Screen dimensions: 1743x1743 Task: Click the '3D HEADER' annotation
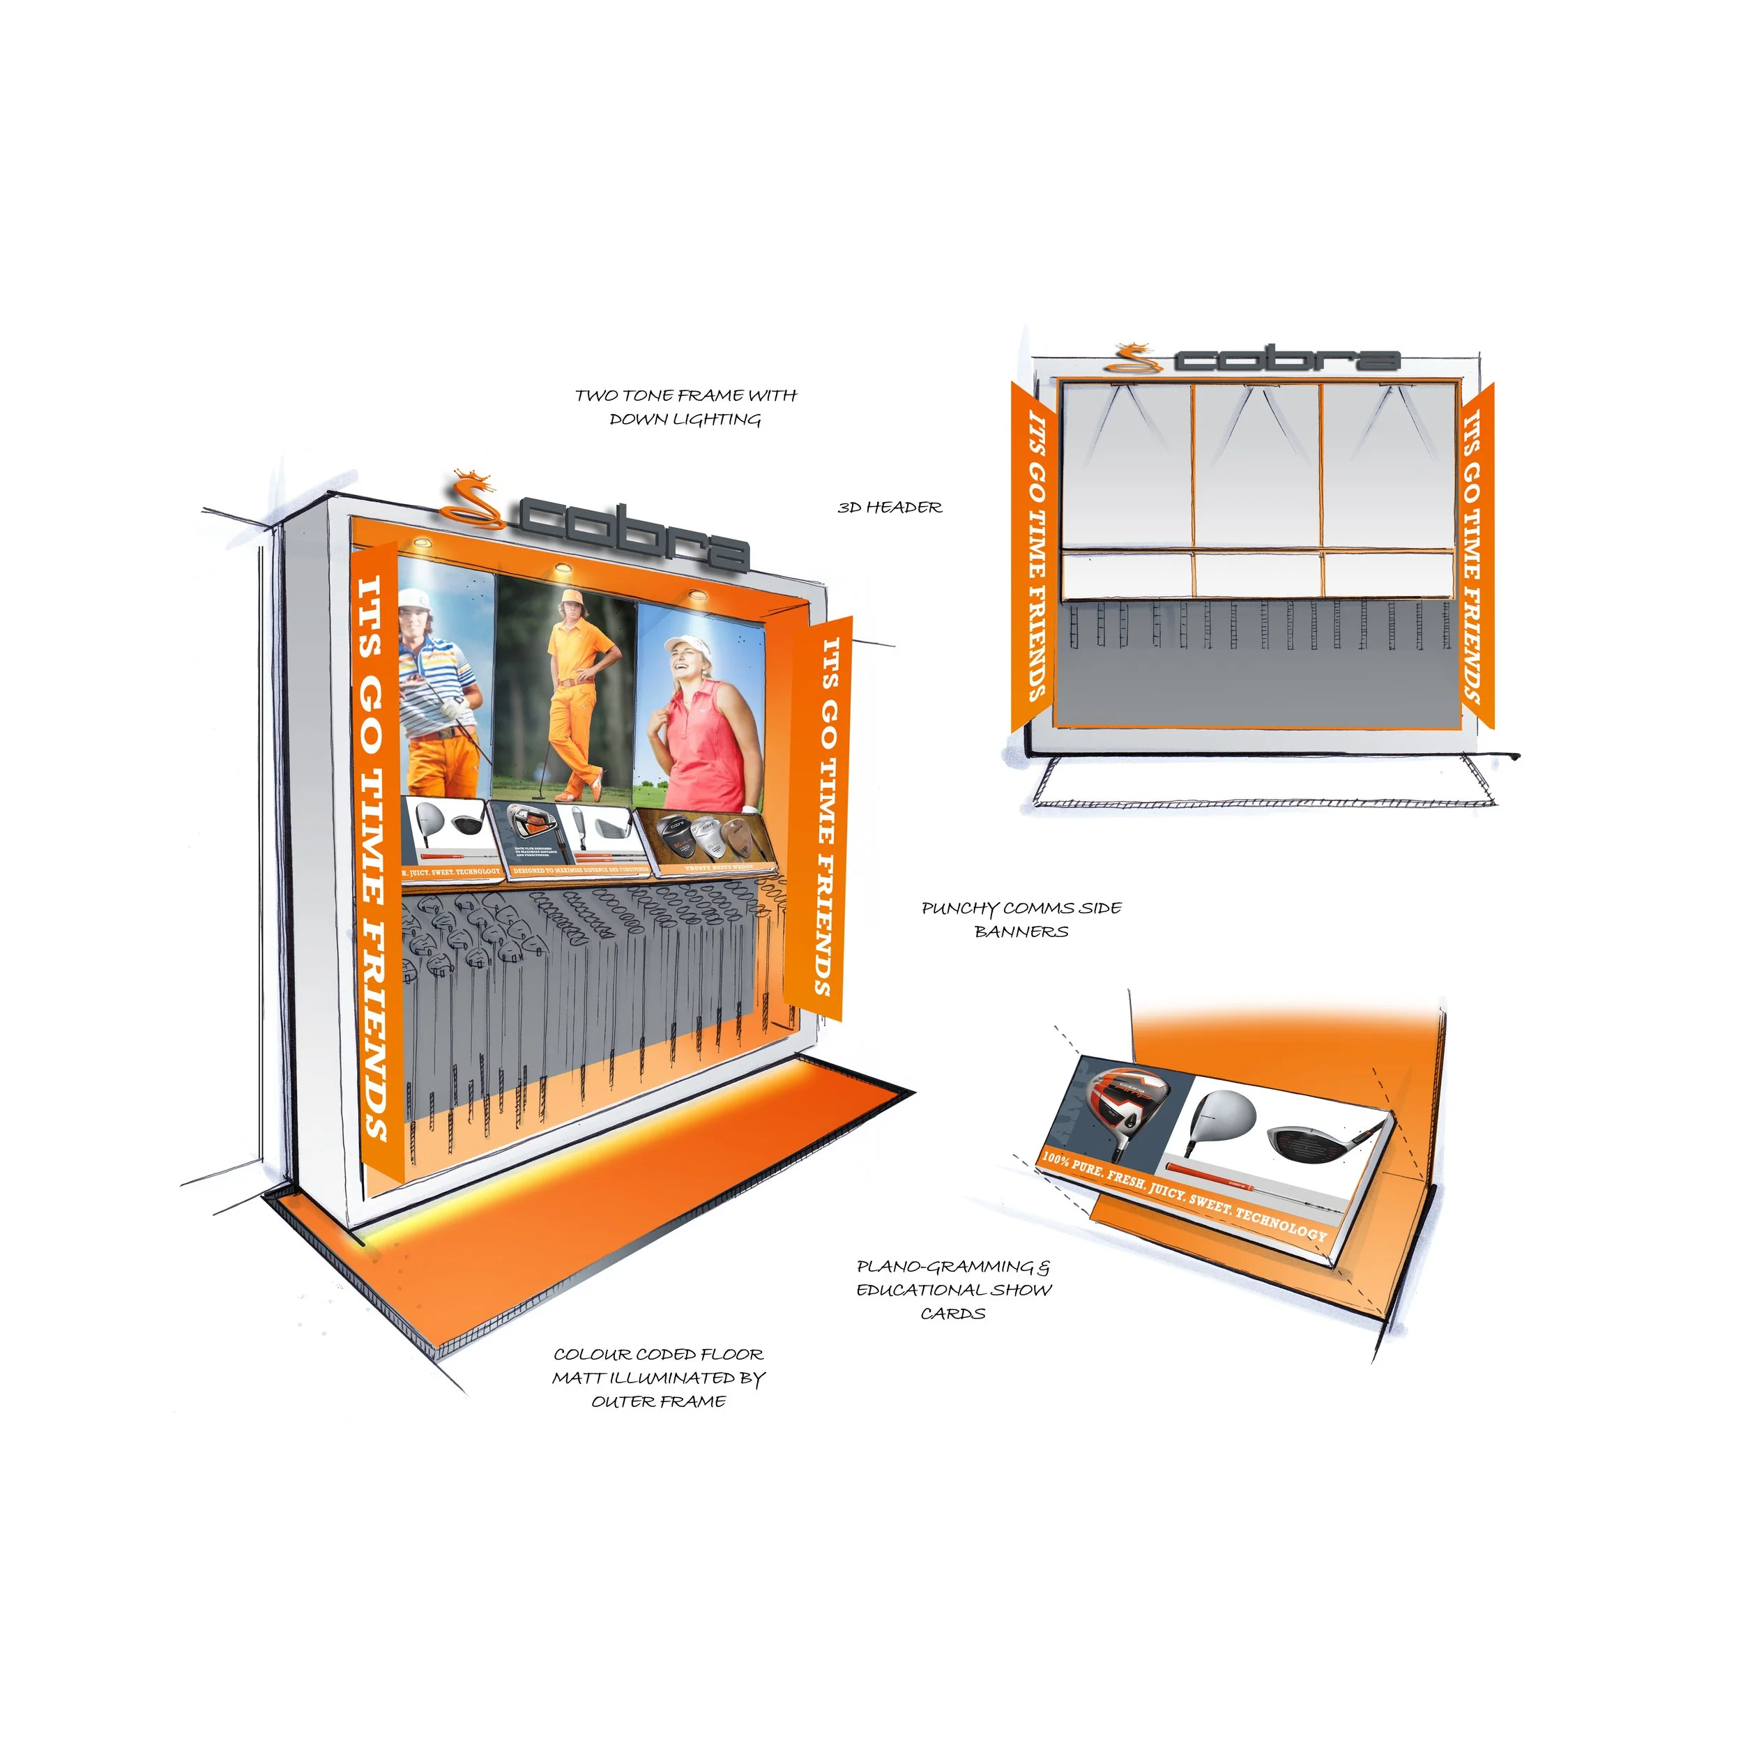(890, 508)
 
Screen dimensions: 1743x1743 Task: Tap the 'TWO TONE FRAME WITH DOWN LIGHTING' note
(685, 407)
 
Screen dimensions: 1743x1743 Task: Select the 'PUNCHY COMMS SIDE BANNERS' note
(1021, 920)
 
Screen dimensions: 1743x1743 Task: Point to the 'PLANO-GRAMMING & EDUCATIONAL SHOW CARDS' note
(954, 1290)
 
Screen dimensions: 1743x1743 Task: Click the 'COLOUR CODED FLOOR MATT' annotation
(659, 1378)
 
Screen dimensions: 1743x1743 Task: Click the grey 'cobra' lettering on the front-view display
(1286, 359)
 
